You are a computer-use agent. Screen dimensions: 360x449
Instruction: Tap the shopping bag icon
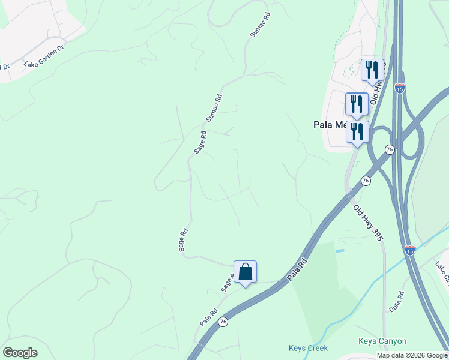pyautogui.click(x=245, y=272)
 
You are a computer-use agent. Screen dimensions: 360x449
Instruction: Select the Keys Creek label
pyautogui.click(x=309, y=348)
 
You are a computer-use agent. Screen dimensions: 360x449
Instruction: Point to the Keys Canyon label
pyautogui.click(x=382, y=341)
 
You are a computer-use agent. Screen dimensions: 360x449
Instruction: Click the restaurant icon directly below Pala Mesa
pyautogui.click(x=357, y=132)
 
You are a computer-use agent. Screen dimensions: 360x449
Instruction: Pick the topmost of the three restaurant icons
pyautogui.click(x=372, y=70)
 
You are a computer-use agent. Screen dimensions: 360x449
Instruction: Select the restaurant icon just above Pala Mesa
pyautogui.click(x=357, y=104)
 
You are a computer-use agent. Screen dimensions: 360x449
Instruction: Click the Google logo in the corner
pyautogui.click(x=20, y=353)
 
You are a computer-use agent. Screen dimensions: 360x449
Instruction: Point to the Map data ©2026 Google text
pyautogui.click(x=412, y=355)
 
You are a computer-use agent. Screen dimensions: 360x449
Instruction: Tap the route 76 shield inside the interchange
pyautogui.click(x=390, y=149)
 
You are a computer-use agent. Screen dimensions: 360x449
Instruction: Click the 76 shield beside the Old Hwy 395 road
pyautogui.click(x=365, y=181)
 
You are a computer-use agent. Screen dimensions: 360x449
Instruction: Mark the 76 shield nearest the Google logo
pyautogui.click(x=223, y=322)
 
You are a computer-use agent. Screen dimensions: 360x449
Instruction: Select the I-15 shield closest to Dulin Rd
pyautogui.click(x=409, y=249)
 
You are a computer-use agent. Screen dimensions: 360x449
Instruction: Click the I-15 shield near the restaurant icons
pyautogui.click(x=400, y=88)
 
